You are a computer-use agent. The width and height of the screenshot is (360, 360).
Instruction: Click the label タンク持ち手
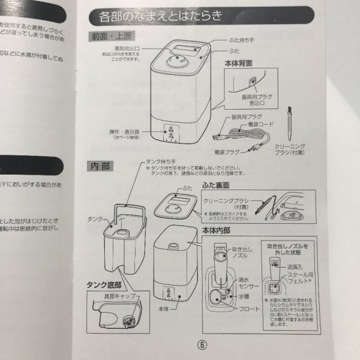160,162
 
